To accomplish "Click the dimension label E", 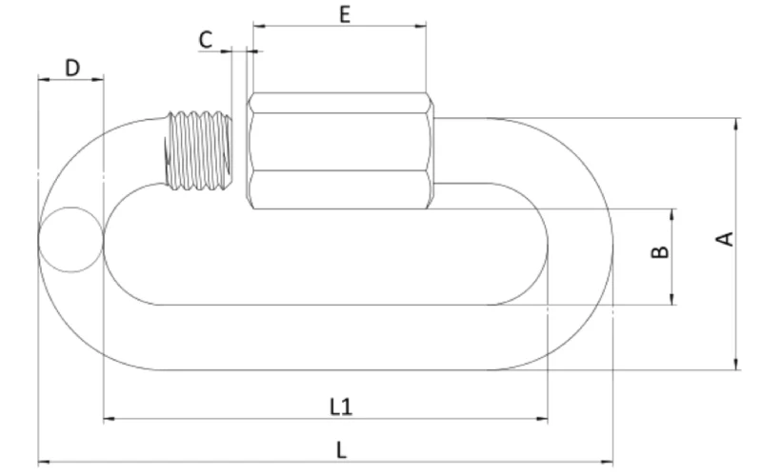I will point(344,13).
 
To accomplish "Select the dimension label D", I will point(71,67).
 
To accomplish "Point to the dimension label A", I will point(726,239).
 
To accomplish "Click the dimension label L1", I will point(341,407).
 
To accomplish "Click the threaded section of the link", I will point(199,149).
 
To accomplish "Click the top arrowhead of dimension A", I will point(735,123).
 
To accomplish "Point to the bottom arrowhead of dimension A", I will point(735,365).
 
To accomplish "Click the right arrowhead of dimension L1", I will point(544,418).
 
